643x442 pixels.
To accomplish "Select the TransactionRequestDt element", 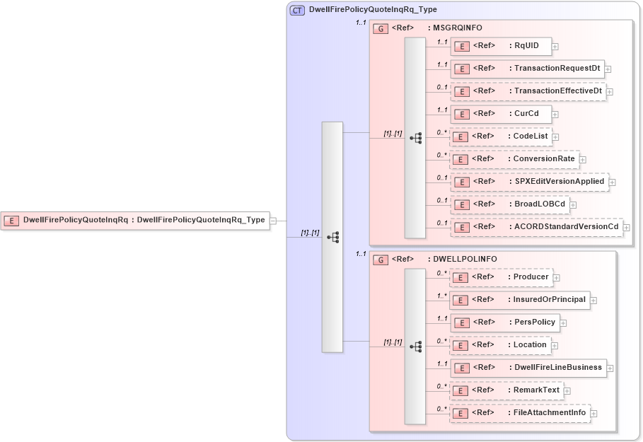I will click(527, 69).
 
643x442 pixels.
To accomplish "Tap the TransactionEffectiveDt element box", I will click(528, 91).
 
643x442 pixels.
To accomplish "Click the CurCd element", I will click(500, 114).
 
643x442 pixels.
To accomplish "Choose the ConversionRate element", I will click(514, 159).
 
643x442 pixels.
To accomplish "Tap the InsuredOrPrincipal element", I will click(519, 300).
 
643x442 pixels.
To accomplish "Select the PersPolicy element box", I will click(504, 322).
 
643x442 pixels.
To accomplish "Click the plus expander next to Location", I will click(555, 346).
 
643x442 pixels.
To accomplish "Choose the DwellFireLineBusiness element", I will click(528, 368).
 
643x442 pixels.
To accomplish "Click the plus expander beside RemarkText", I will click(567, 391).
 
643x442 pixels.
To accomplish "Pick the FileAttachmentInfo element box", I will click(519, 413).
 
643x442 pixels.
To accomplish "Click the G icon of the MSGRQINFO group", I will click(381, 28).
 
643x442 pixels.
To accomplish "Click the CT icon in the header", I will click(298, 10).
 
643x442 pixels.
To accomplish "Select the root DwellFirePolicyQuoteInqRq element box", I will click(134, 220).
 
